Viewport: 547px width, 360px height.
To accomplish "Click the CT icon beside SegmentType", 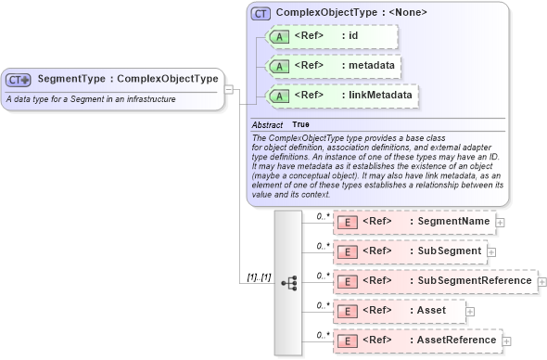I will coord(19,80).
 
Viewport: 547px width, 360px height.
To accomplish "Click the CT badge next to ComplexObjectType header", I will coord(261,14).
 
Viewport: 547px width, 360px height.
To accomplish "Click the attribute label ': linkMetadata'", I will coord(375,96).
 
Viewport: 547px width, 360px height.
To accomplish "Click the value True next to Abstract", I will coord(301,123).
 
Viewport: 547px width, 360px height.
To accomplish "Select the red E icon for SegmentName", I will coord(347,222).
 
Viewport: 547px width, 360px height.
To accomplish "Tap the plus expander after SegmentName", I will coord(500,222).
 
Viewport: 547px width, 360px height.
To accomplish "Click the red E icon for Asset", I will coord(347,311).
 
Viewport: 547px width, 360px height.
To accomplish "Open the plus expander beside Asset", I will coord(469,311).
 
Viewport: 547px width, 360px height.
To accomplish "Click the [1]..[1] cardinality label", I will coord(259,277).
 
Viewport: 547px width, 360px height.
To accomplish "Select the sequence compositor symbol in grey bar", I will coord(287,281).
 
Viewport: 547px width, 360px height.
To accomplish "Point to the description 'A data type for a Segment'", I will coord(91,98).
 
